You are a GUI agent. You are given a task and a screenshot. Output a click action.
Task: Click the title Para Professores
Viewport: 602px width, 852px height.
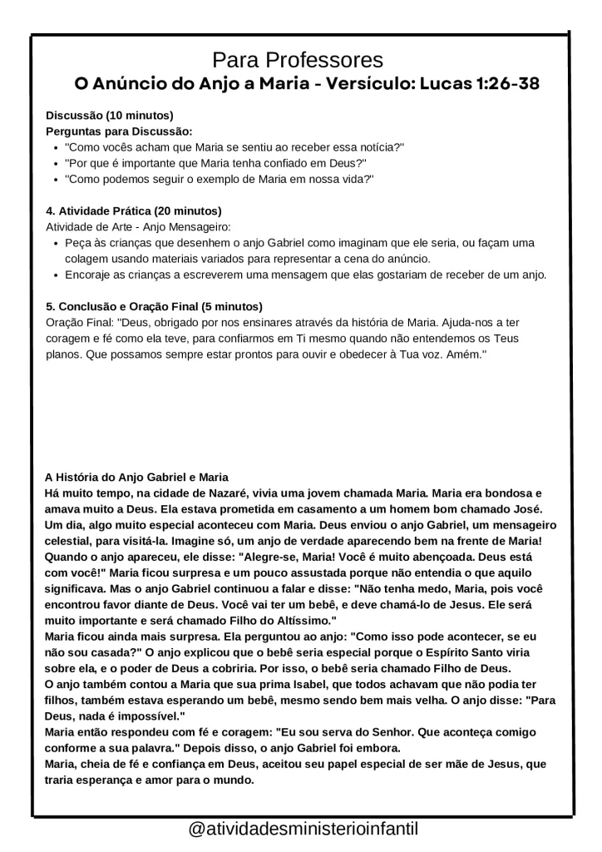(298, 60)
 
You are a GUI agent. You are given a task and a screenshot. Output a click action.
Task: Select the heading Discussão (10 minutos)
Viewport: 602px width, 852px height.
(109, 115)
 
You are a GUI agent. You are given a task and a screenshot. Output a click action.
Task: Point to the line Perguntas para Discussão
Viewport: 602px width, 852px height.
(119, 131)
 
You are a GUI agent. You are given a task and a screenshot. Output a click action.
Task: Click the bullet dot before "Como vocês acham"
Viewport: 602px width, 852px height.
(55, 147)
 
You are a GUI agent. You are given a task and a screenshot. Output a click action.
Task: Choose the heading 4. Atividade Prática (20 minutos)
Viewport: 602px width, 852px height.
(133, 211)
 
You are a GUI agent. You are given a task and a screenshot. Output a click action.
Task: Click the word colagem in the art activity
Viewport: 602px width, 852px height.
(86, 259)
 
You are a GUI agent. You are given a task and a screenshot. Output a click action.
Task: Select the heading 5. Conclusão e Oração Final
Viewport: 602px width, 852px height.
(154, 305)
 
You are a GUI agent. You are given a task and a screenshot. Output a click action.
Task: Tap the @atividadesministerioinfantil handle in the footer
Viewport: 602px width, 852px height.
(303, 830)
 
